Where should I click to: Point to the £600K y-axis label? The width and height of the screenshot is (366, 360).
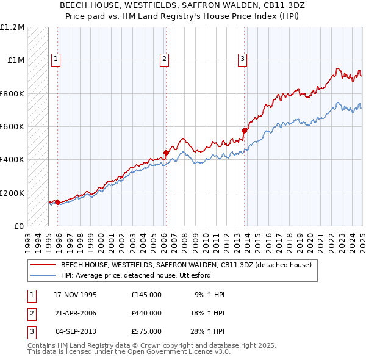point(12,127)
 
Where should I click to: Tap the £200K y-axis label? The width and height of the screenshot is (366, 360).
point(12,193)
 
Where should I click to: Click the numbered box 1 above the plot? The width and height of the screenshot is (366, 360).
point(56,59)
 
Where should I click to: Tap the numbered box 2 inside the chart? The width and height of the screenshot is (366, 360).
point(165,59)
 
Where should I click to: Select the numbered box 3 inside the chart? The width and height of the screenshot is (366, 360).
point(242,59)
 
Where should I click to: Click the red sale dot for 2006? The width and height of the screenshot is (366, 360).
point(166,153)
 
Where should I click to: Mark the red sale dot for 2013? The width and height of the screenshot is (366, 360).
point(244,130)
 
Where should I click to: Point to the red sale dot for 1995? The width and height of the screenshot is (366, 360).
point(57,202)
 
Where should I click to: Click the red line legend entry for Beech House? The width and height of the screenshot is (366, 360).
point(186,265)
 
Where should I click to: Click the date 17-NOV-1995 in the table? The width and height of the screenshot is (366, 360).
point(75,295)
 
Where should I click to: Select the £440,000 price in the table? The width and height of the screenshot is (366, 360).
point(146,313)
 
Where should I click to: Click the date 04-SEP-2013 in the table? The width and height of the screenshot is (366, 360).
point(76,331)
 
